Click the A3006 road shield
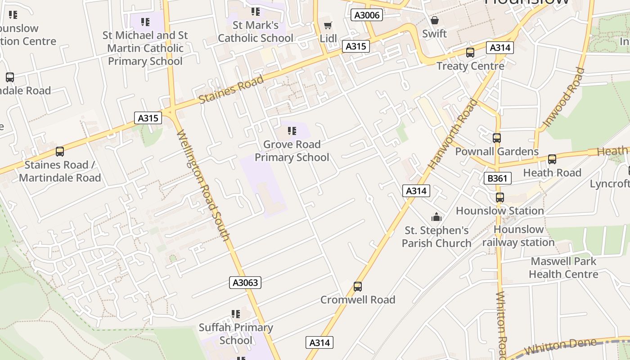pyautogui.click(x=366, y=15)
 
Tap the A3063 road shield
pyautogui.click(x=245, y=283)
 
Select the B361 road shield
pyautogui.click(x=497, y=178)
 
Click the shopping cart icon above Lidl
pyautogui.click(x=328, y=26)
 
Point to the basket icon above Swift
pyautogui.click(x=435, y=20)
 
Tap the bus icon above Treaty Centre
pyautogui.click(x=470, y=53)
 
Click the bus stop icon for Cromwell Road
pyautogui.click(x=358, y=286)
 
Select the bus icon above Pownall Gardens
pyautogui.click(x=497, y=138)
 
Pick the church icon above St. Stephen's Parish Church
pyautogui.click(x=436, y=217)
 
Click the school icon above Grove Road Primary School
pyautogui.click(x=292, y=131)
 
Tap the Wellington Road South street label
pyautogui.click(x=203, y=185)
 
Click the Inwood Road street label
pyautogui.click(x=564, y=97)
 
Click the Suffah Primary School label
pyautogui.click(x=236, y=334)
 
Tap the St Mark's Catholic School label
pyautogui.click(x=256, y=31)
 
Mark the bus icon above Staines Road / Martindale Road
pyautogui.click(x=60, y=152)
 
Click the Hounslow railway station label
pyautogui.click(x=518, y=236)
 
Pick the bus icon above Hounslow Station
pyautogui.click(x=499, y=197)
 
